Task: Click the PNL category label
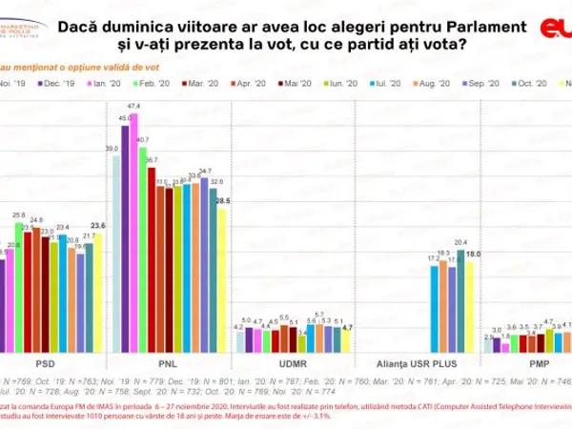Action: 173,363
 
